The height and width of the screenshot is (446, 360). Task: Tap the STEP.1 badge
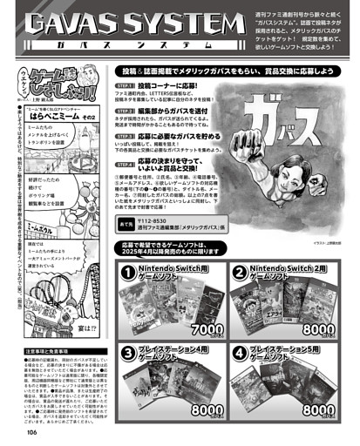pyautogui.click(x=126, y=87)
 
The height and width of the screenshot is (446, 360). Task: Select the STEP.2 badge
pyautogui.click(x=126, y=111)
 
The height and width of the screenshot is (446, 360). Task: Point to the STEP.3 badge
pyautogui.click(x=126, y=135)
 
